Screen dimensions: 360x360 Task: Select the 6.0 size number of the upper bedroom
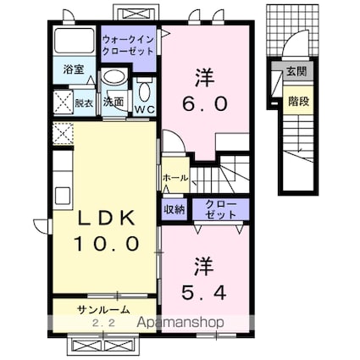coord(203,104)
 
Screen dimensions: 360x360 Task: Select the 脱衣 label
coord(83,102)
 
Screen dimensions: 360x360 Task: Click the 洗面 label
coord(114,102)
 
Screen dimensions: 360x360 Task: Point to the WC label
coord(144,108)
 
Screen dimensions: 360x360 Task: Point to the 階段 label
coord(297,99)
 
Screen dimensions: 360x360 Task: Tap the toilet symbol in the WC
coord(145,90)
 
